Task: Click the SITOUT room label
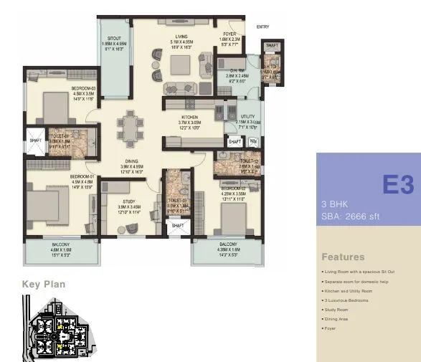pos(114,37)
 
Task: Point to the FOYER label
pos(229,34)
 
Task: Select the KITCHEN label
pos(189,116)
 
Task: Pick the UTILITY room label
pos(248,116)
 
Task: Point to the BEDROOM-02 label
pos(234,188)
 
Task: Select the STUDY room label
pos(128,201)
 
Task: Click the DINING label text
pos(131,161)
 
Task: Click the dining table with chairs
pos(130,131)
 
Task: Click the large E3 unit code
pos(397,185)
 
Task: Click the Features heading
pos(343,257)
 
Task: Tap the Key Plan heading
pos(44,285)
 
